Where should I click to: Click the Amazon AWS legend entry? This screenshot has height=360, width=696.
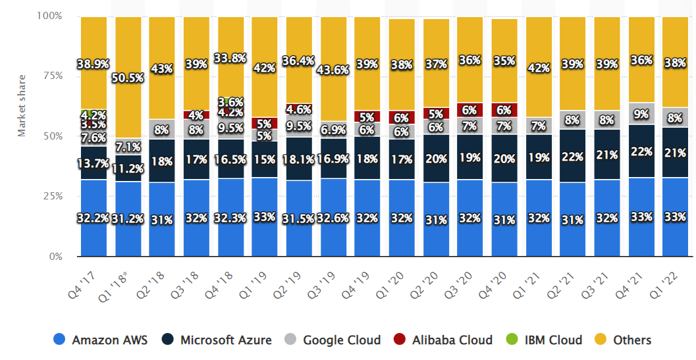pos(101,340)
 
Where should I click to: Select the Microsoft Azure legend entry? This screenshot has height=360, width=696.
pos(217,340)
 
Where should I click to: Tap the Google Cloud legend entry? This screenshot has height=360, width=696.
pos(333,340)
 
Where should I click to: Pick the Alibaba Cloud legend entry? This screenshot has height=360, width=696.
pos(443,340)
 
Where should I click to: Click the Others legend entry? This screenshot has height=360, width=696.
pos(623,340)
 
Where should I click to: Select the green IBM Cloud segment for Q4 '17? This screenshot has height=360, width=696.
pos(94,112)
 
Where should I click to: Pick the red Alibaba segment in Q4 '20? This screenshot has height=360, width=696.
pos(504,110)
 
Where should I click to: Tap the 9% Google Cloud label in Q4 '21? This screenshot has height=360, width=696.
pos(641,113)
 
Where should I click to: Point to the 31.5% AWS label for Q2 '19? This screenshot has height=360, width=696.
pos(299,218)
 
